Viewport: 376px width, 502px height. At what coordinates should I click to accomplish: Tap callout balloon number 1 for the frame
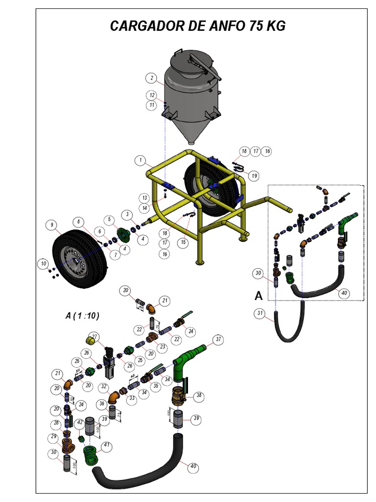pos(141,160)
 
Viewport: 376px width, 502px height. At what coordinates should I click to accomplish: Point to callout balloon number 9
pos(50,225)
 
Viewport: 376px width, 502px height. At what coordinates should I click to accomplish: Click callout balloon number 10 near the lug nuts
pos(44,264)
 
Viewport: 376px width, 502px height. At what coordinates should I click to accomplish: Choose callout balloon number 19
pos(254,176)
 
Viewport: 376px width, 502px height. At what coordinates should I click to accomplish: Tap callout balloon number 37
pos(217,339)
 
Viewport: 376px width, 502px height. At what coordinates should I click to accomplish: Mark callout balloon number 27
pos(94,337)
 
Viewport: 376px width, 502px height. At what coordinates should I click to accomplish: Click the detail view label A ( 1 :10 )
pos(82,316)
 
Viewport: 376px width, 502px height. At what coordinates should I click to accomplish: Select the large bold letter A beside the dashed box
pos(258,295)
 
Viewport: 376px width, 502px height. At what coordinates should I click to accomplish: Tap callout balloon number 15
pos(184,242)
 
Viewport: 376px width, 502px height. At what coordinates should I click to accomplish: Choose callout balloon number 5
pos(110,219)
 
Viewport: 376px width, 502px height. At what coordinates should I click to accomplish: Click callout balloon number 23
pos(163,346)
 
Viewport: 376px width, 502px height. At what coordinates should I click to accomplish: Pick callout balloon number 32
pos(103,387)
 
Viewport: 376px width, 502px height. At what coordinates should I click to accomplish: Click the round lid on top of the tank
pos(190,61)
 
